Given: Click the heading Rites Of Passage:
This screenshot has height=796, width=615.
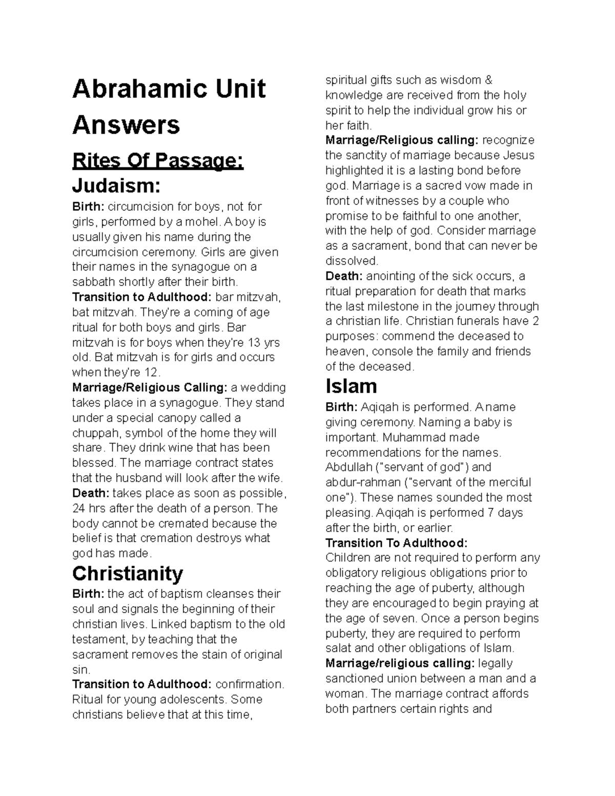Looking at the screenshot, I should (x=158, y=161).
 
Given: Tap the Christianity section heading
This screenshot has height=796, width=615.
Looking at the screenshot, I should (x=128, y=573).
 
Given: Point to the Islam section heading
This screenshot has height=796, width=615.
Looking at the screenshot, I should (x=351, y=386).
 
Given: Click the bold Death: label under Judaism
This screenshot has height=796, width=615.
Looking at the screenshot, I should (x=91, y=493).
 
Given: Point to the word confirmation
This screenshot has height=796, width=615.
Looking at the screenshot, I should (x=249, y=684).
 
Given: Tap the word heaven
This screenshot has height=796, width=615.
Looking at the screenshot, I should (x=346, y=352).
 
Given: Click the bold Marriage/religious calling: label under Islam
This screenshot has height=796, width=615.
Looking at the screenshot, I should (x=400, y=663).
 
